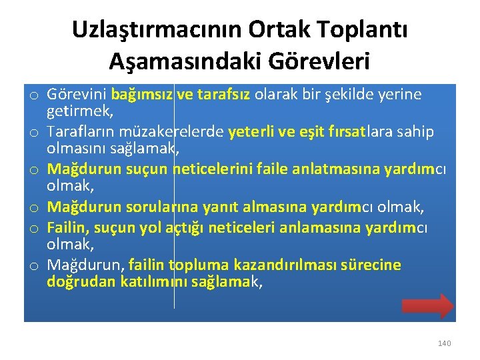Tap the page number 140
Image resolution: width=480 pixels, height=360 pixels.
pyautogui.click(x=444, y=343)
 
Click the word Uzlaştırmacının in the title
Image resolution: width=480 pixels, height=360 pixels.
pyautogui.click(x=157, y=29)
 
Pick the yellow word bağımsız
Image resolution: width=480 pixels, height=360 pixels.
pyautogui.click(x=142, y=95)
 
